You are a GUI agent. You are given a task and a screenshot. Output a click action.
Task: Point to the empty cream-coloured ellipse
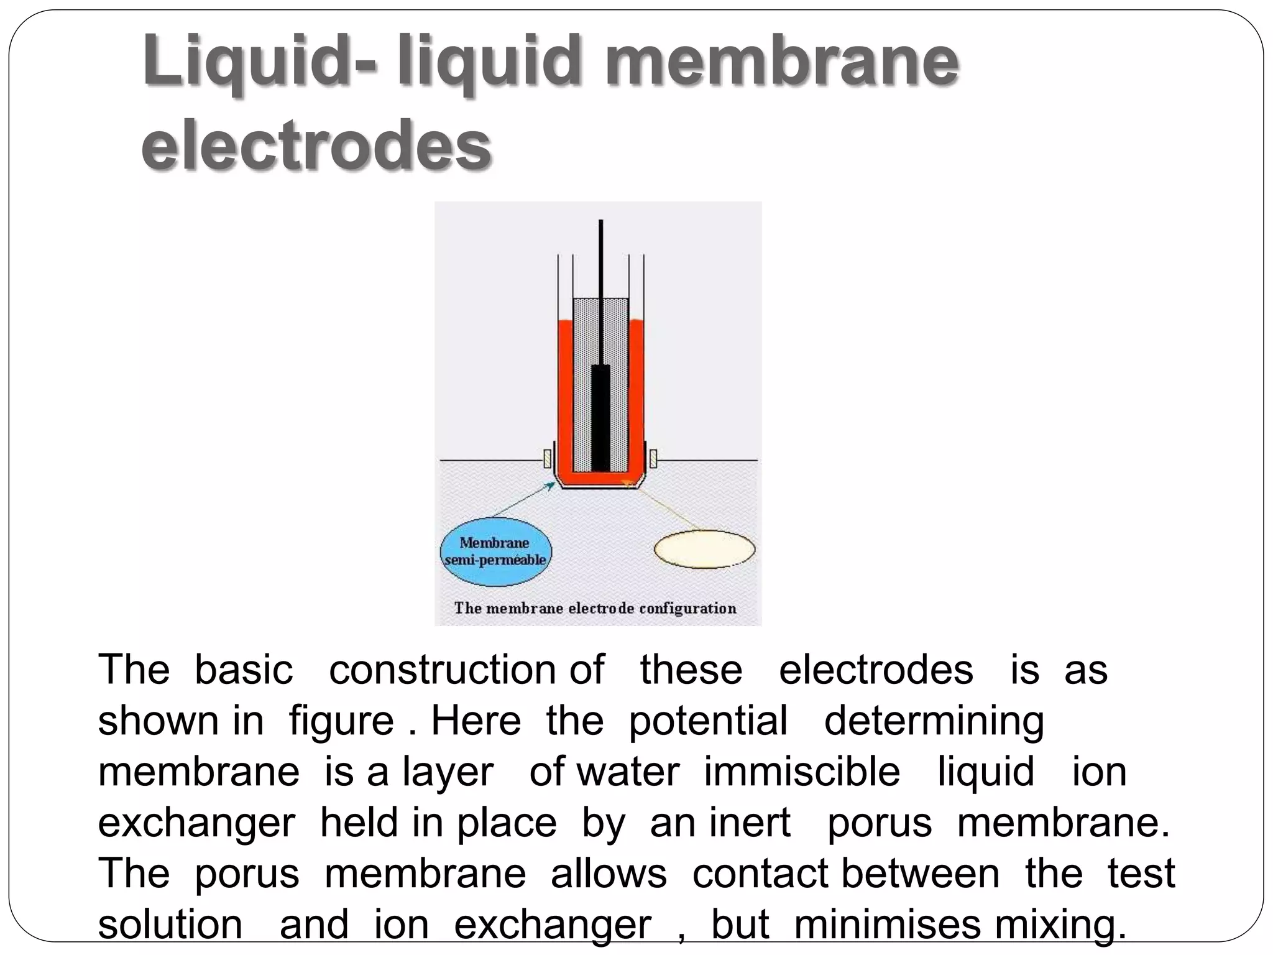click(x=704, y=550)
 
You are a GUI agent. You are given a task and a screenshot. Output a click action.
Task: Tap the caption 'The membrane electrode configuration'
click(x=595, y=608)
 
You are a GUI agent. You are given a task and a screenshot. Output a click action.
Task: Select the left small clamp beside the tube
click(x=547, y=459)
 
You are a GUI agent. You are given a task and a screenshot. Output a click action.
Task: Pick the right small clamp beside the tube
click(x=653, y=459)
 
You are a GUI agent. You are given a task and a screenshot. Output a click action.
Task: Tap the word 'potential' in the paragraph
click(x=708, y=721)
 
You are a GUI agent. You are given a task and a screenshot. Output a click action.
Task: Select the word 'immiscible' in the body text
click(x=802, y=772)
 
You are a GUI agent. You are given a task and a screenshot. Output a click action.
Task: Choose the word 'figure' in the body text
click(x=341, y=722)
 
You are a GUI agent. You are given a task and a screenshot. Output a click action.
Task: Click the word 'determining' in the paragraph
click(x=934, y=722)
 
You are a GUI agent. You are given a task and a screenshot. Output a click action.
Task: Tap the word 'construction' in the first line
click(x=442, y=670)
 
